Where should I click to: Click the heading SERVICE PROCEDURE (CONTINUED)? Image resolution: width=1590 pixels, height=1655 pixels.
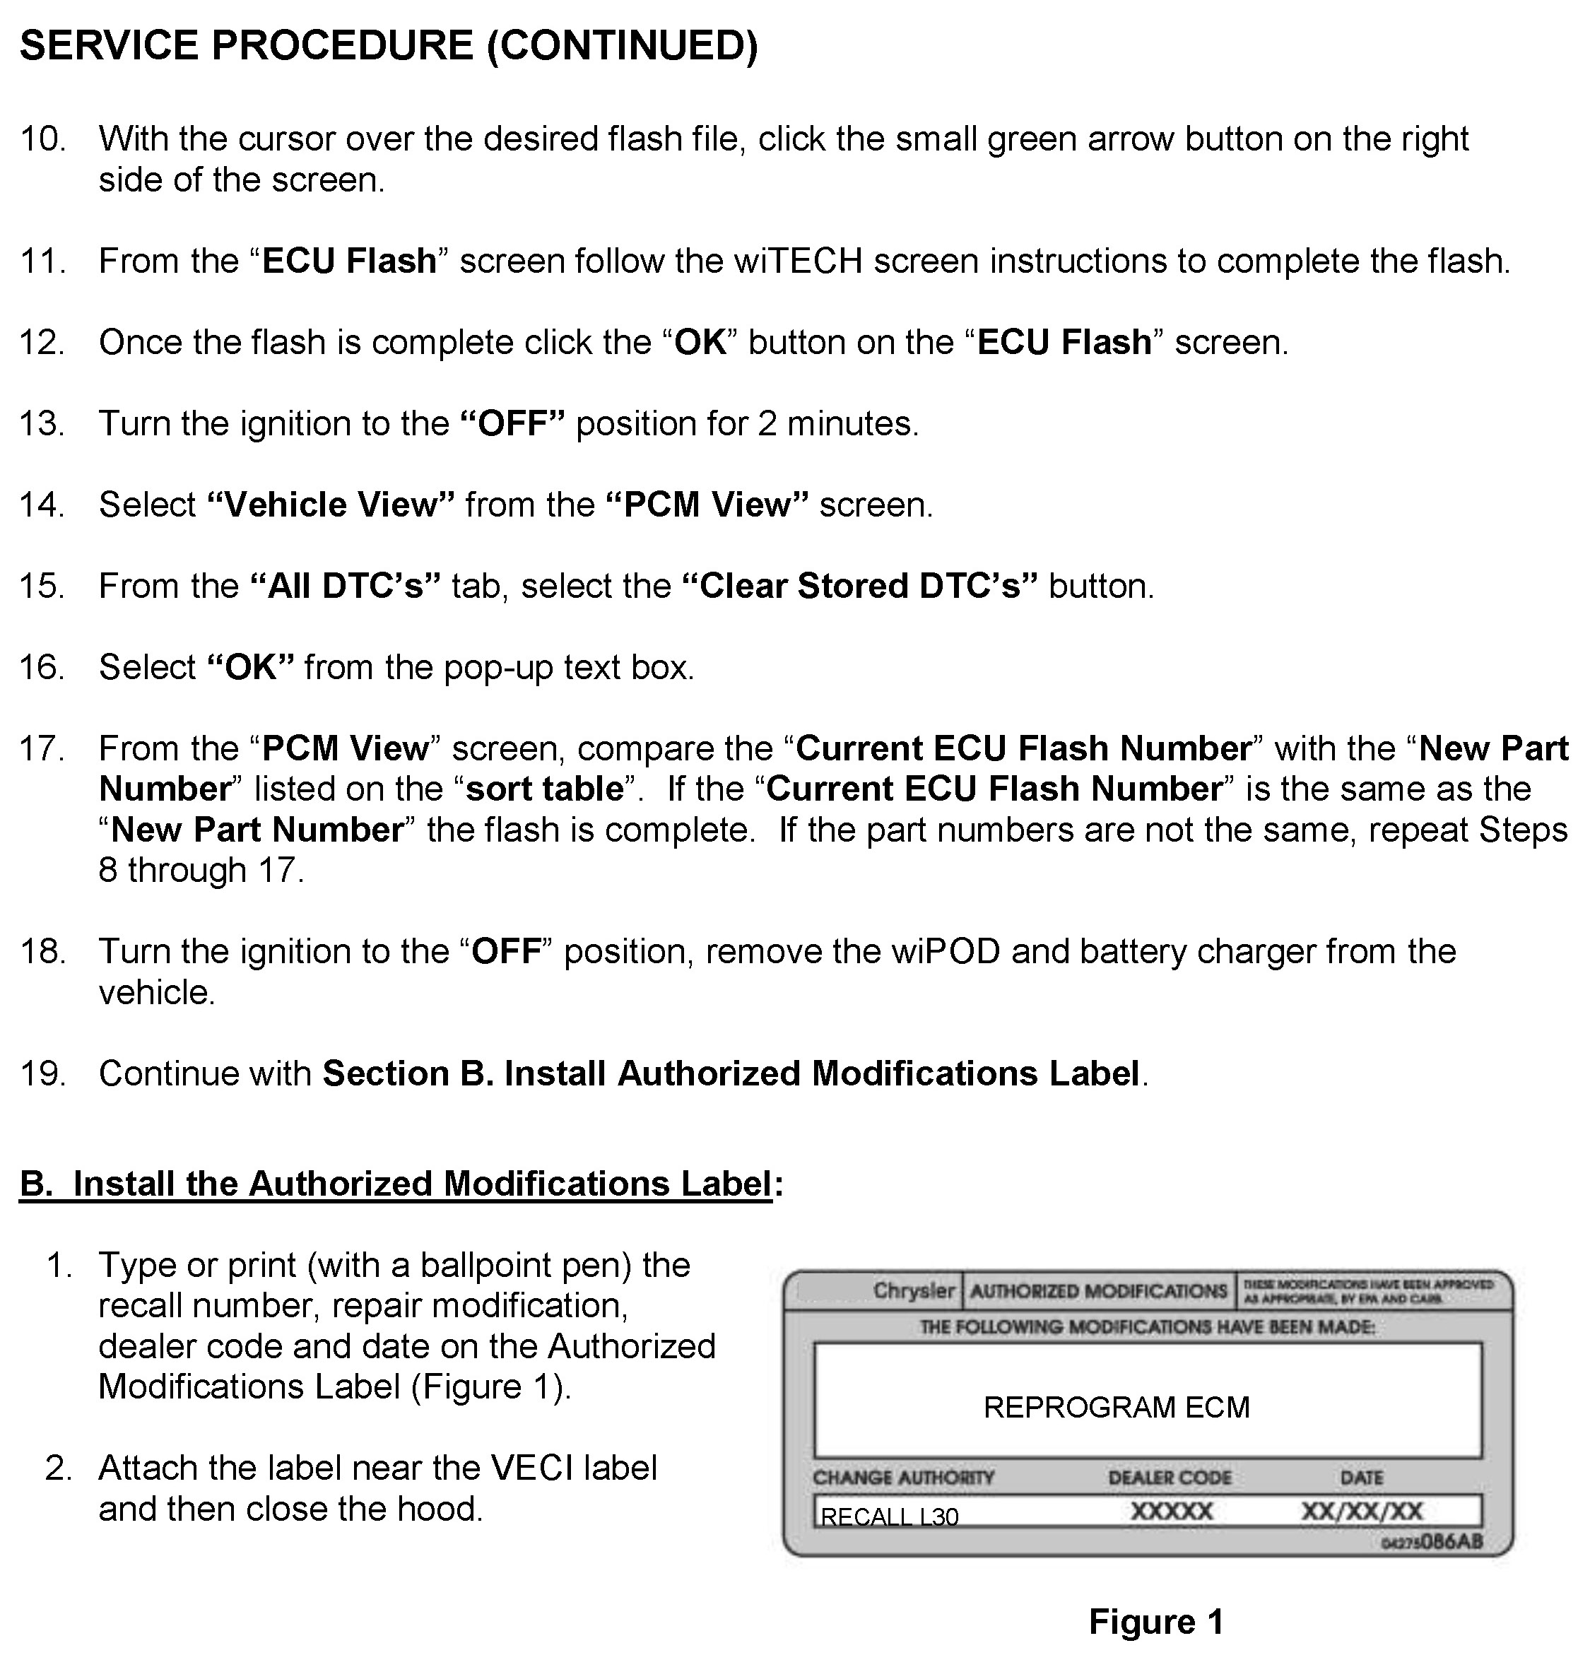(x=389, y=46)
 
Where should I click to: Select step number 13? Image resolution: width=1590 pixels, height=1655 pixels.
(x=42, y=424)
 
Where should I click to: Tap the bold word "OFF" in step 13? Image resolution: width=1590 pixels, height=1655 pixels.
(x=512, y=424)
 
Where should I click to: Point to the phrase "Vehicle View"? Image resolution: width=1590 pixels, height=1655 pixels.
(x=330, y=505)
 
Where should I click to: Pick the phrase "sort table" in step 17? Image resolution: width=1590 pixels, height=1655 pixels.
(x=544, y=789)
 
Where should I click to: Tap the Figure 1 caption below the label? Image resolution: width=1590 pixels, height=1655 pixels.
(x=1155, y=1622)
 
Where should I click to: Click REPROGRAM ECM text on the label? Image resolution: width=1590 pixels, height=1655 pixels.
(x=1117, y=1407)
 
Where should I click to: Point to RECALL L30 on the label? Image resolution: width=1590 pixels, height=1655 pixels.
(x=889, y=1517)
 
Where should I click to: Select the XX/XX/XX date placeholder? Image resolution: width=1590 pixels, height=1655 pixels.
(x=1362, y=1512)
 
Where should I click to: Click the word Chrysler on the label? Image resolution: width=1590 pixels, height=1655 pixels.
(x=914, y=1291)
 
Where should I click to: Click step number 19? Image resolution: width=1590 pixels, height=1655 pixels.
(x=42, y=1074)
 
